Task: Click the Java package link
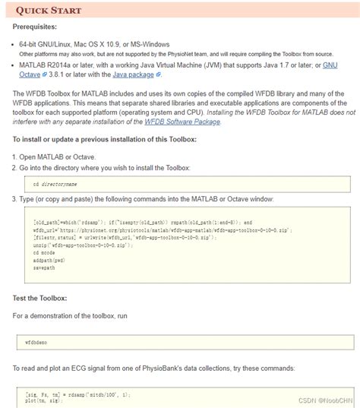click(131, 74)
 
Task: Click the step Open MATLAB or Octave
click(57, 156)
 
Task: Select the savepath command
click(43, 267)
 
